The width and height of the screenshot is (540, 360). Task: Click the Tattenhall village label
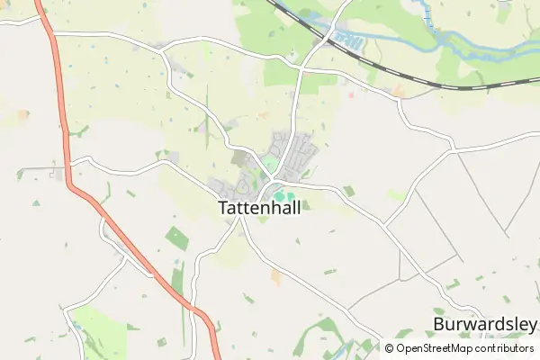click(x=258, y=207)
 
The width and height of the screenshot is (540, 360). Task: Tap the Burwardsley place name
click(x=484, y=324)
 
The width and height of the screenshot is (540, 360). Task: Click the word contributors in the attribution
click(x=506, y=348)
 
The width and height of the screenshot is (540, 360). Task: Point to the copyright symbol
click(x=390, y=348)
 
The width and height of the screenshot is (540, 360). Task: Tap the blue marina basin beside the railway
click(x=346, y=40)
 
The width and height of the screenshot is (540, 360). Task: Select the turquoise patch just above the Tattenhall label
click(x=283, y=195)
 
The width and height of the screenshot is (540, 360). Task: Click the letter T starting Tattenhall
click(x=223, y=207)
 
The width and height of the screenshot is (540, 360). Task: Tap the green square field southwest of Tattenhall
click(x=176, y=238)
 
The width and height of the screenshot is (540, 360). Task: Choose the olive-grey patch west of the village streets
click(x=239, y=158)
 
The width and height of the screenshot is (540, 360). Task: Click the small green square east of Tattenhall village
click(x=348, y=191)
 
